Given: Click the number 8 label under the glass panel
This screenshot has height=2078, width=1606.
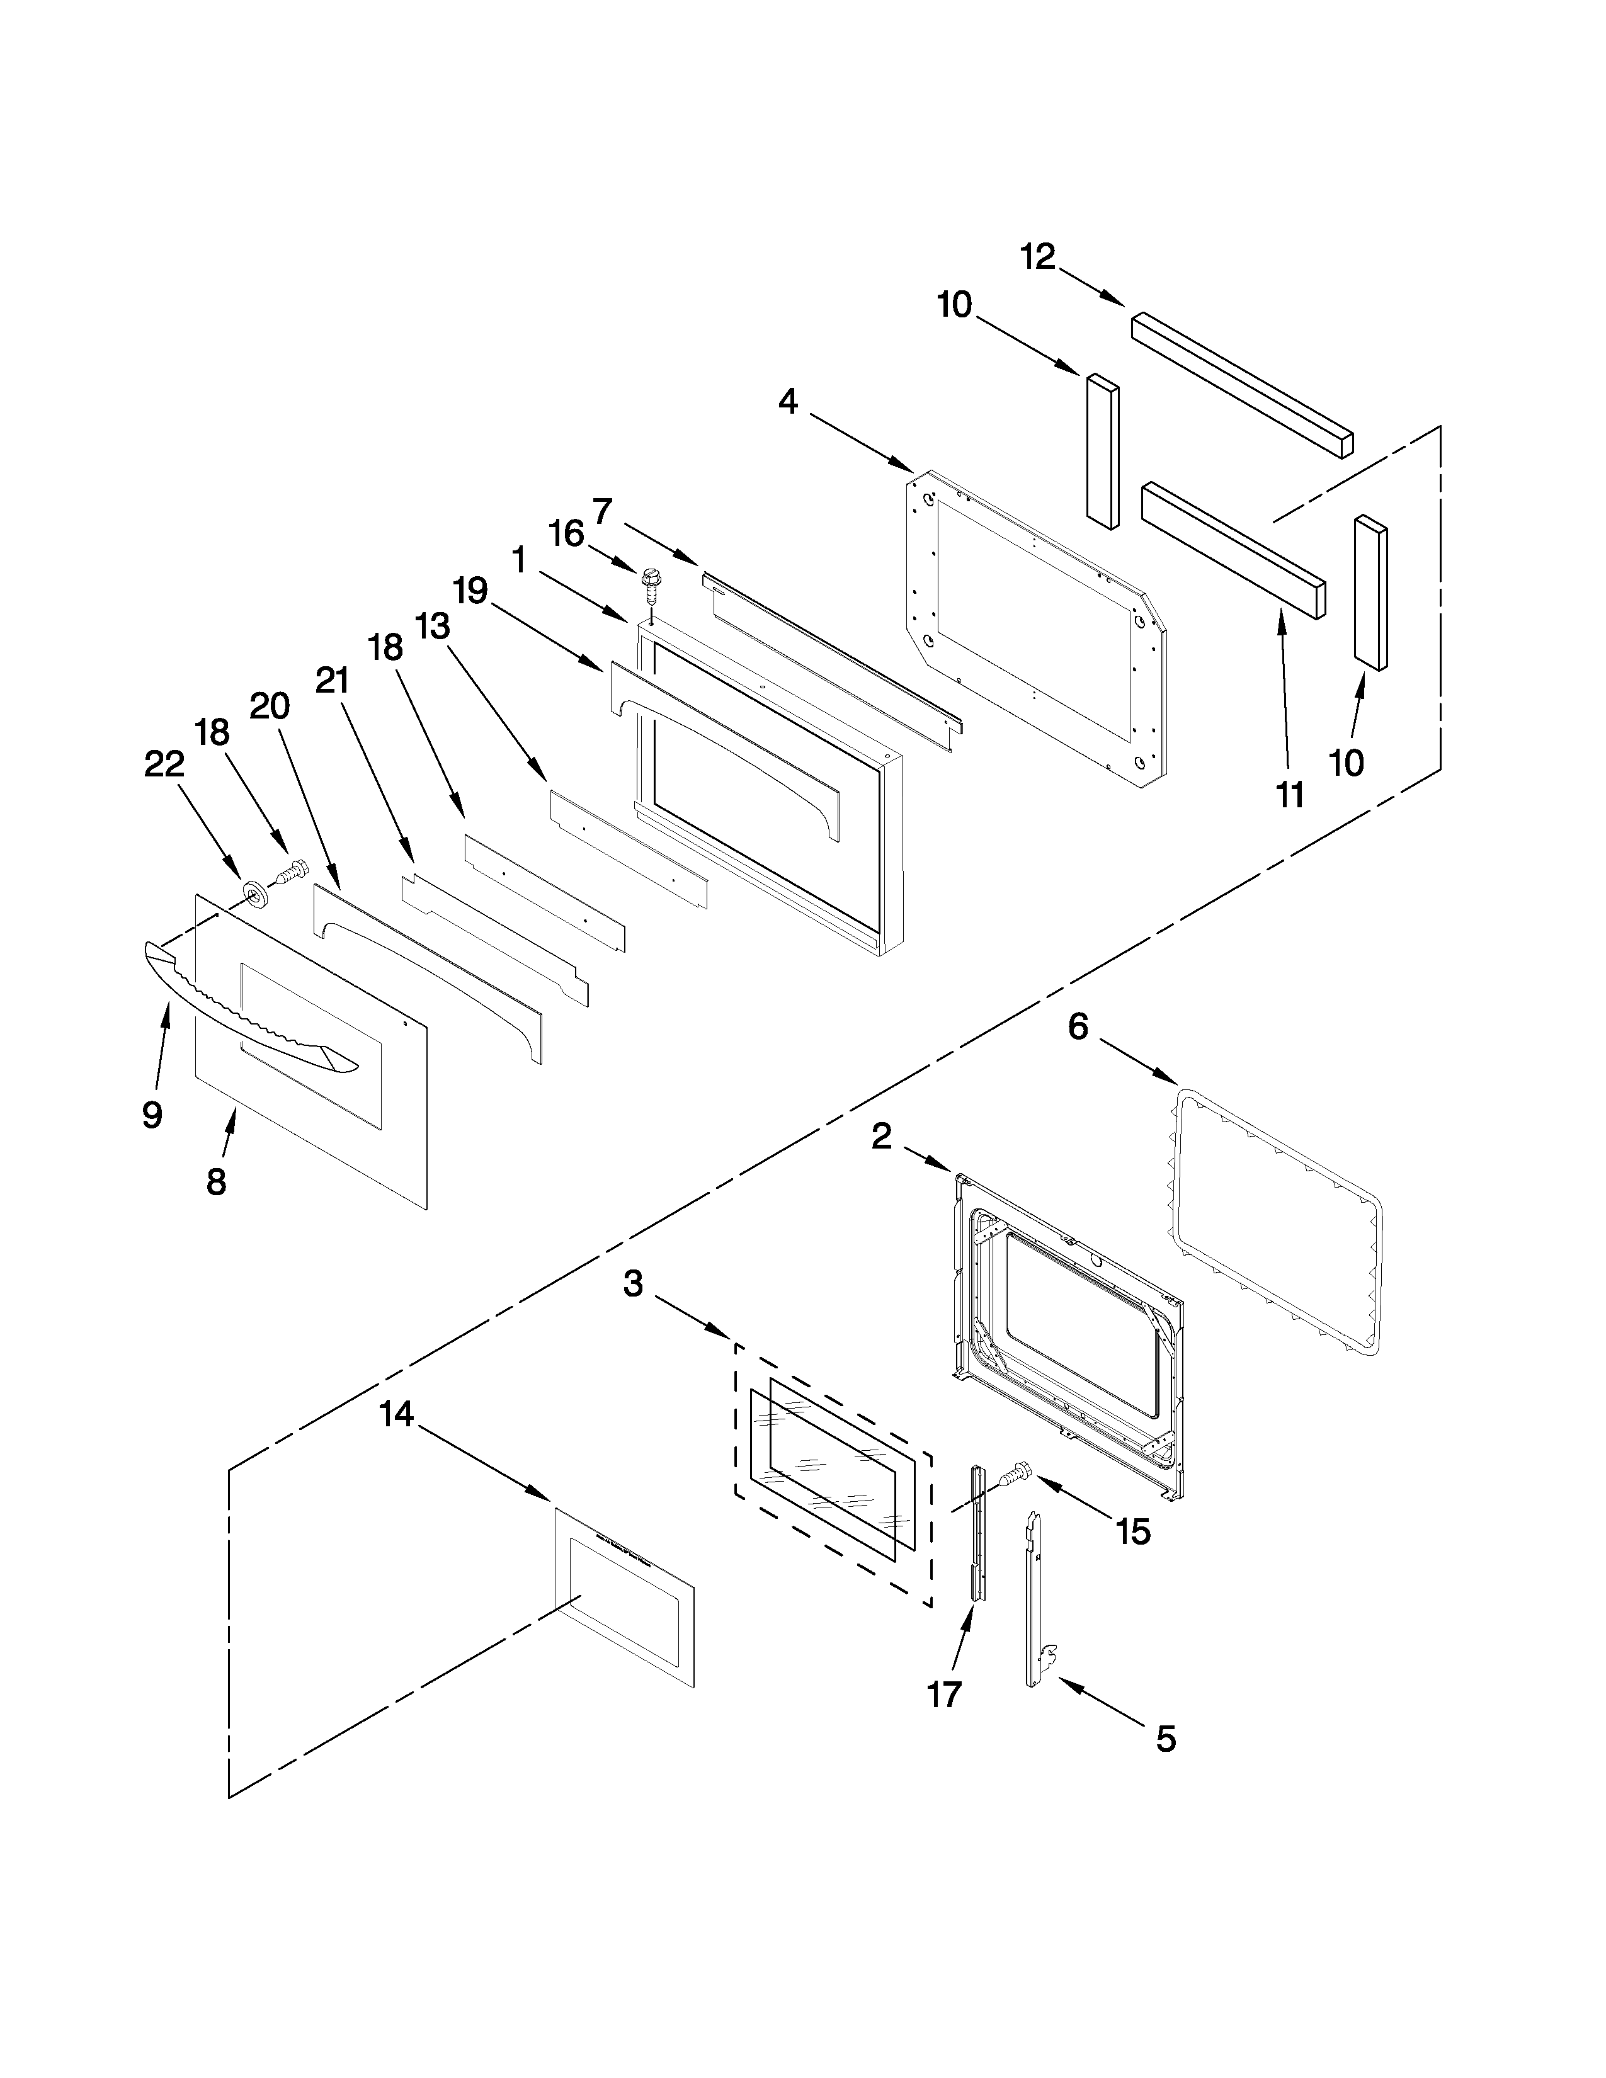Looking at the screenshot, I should (x=216, y=1182).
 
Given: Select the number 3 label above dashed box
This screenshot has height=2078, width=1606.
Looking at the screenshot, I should (x=634, y=1285).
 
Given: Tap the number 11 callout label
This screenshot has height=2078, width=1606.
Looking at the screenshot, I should (x=1289, y=795).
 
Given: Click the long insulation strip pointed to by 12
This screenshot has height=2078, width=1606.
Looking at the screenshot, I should (x=1241, y=385).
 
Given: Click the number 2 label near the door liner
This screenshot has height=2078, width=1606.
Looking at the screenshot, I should (x=881, y=1135).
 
